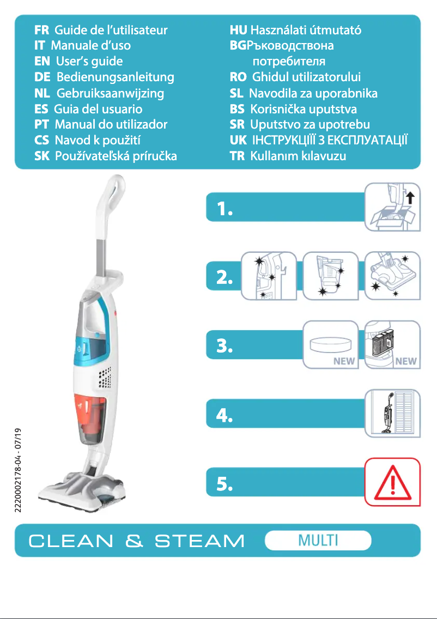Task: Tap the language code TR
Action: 237,156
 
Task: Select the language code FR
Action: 42,29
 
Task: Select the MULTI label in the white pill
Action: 318,541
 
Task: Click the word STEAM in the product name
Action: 199,541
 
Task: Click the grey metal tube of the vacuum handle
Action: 101,256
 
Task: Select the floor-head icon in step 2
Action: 392,276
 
